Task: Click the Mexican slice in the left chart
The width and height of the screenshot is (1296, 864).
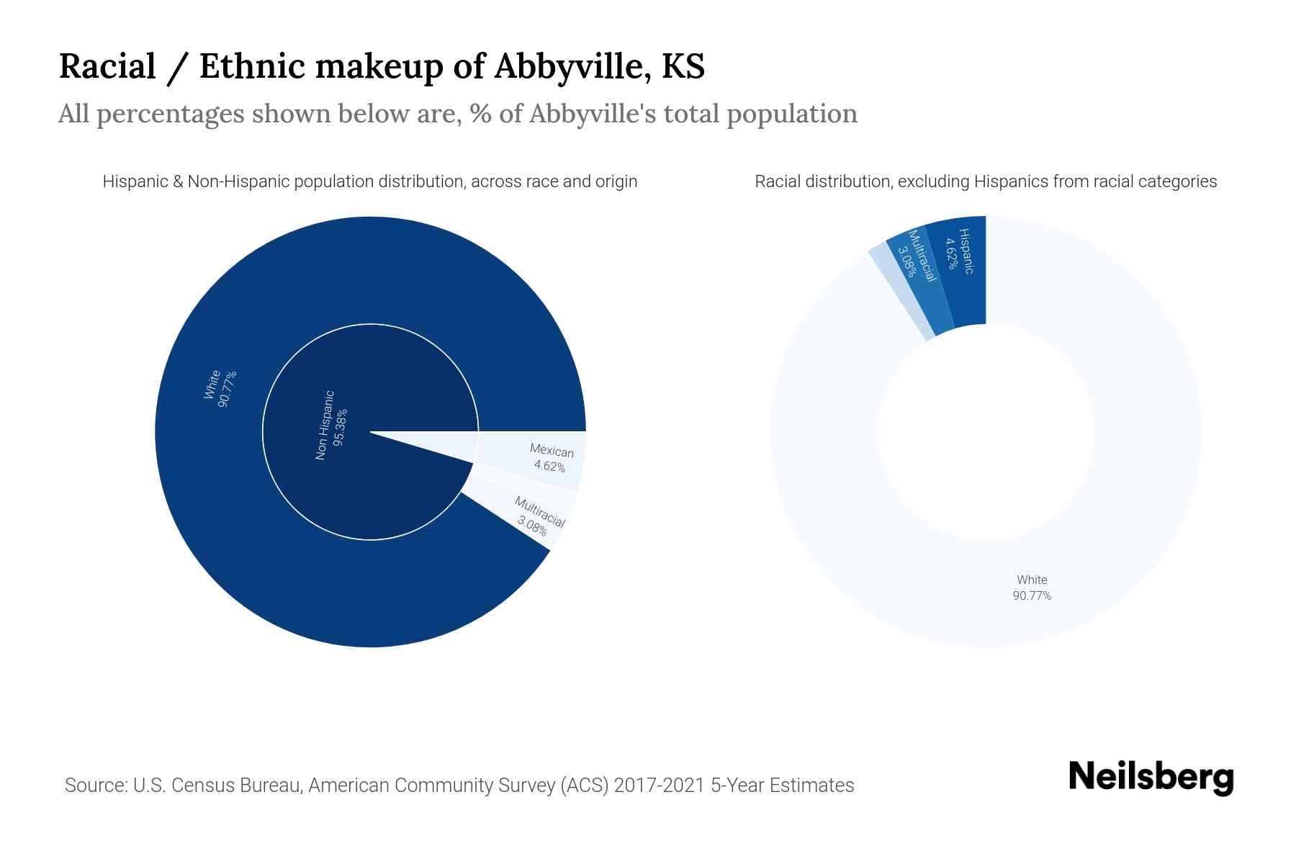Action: click(x=552, y=459)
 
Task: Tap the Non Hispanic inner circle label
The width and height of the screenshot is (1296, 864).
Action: click(x=325, y=426)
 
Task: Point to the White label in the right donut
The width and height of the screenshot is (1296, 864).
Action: click(x=1032, y=580)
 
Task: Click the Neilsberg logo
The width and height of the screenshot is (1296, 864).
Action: click(x=1151, y=778)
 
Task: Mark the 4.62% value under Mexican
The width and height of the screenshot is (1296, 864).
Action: click(x=549, y=467)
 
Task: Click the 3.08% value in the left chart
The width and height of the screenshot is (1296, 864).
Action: click(x=532, y=526)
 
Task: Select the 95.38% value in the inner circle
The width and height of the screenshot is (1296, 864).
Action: click(x=341, y=427)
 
